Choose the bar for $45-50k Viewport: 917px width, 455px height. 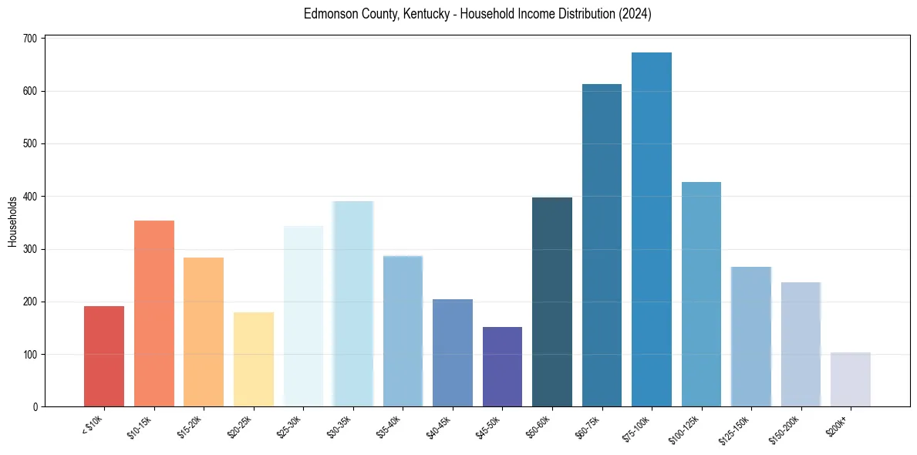coord(502,367)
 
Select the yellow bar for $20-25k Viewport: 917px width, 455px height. coord(254,359)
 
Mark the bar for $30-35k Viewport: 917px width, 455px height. coord(353,304)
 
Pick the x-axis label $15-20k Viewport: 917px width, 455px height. coord(188,427)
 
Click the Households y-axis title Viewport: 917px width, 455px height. coord(12,221)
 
